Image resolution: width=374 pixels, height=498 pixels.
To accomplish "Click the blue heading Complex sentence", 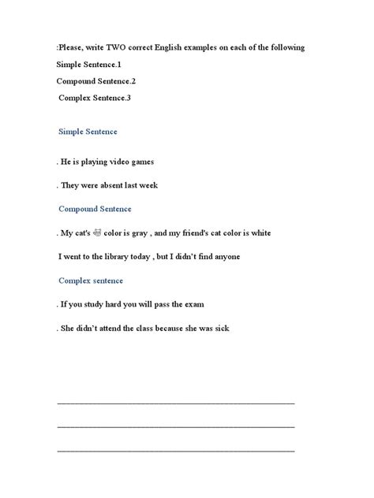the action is coord(91,281).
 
